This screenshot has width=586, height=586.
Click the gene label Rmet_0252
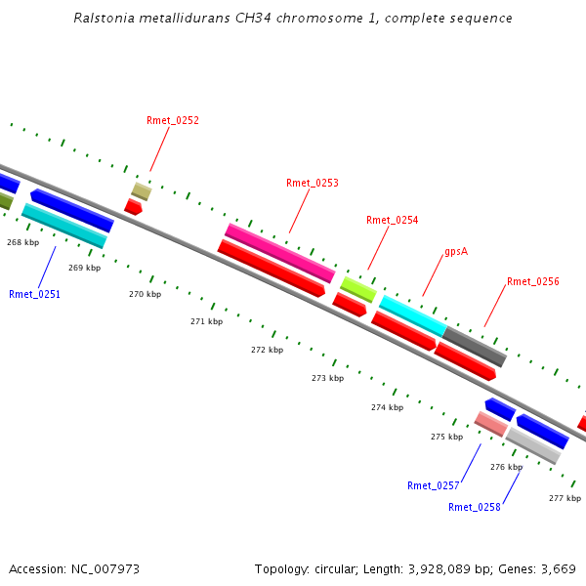(173, 121)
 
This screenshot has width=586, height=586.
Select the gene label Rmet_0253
(313, 184)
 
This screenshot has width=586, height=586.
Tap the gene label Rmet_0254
(392, 221)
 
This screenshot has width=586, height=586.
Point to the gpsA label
(456, 252)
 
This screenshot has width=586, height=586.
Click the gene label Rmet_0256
(532, 282)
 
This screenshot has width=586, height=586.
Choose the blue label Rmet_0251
(35, 295)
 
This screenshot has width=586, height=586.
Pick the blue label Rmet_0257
(433, 486)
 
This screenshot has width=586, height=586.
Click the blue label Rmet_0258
(474, 508)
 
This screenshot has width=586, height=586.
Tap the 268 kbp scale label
(22, 242)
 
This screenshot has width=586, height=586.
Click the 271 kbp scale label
(206, 321)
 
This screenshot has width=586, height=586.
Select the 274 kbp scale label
(387, 408)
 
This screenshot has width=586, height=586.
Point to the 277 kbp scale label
(565, 498)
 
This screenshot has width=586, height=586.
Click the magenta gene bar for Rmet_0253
(280, 253)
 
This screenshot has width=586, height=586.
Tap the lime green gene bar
(357, 289)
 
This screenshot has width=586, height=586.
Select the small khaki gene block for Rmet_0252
(142, 190)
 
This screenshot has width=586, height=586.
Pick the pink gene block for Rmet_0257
(490, 424)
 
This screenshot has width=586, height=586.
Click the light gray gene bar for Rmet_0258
(533, 445)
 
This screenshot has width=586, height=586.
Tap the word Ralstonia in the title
(105, 19)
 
